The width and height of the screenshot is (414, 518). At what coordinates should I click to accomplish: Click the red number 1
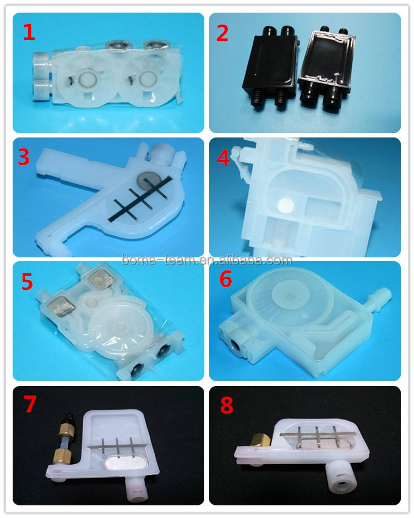tap(29, 32)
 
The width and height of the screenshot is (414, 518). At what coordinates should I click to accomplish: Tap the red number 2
tap(222, 34)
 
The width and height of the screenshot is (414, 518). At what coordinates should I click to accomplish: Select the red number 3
tap(24, 157)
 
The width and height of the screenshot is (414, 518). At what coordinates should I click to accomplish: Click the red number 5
tap(27, 281)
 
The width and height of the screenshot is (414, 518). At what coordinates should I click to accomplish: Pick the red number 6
tap(226, 279)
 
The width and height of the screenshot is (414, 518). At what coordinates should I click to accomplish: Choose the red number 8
tap(226, 405)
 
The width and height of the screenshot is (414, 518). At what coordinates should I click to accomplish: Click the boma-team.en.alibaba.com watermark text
tap(207, 260)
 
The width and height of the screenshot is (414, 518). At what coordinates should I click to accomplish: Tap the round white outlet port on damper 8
tap(340, 484)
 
